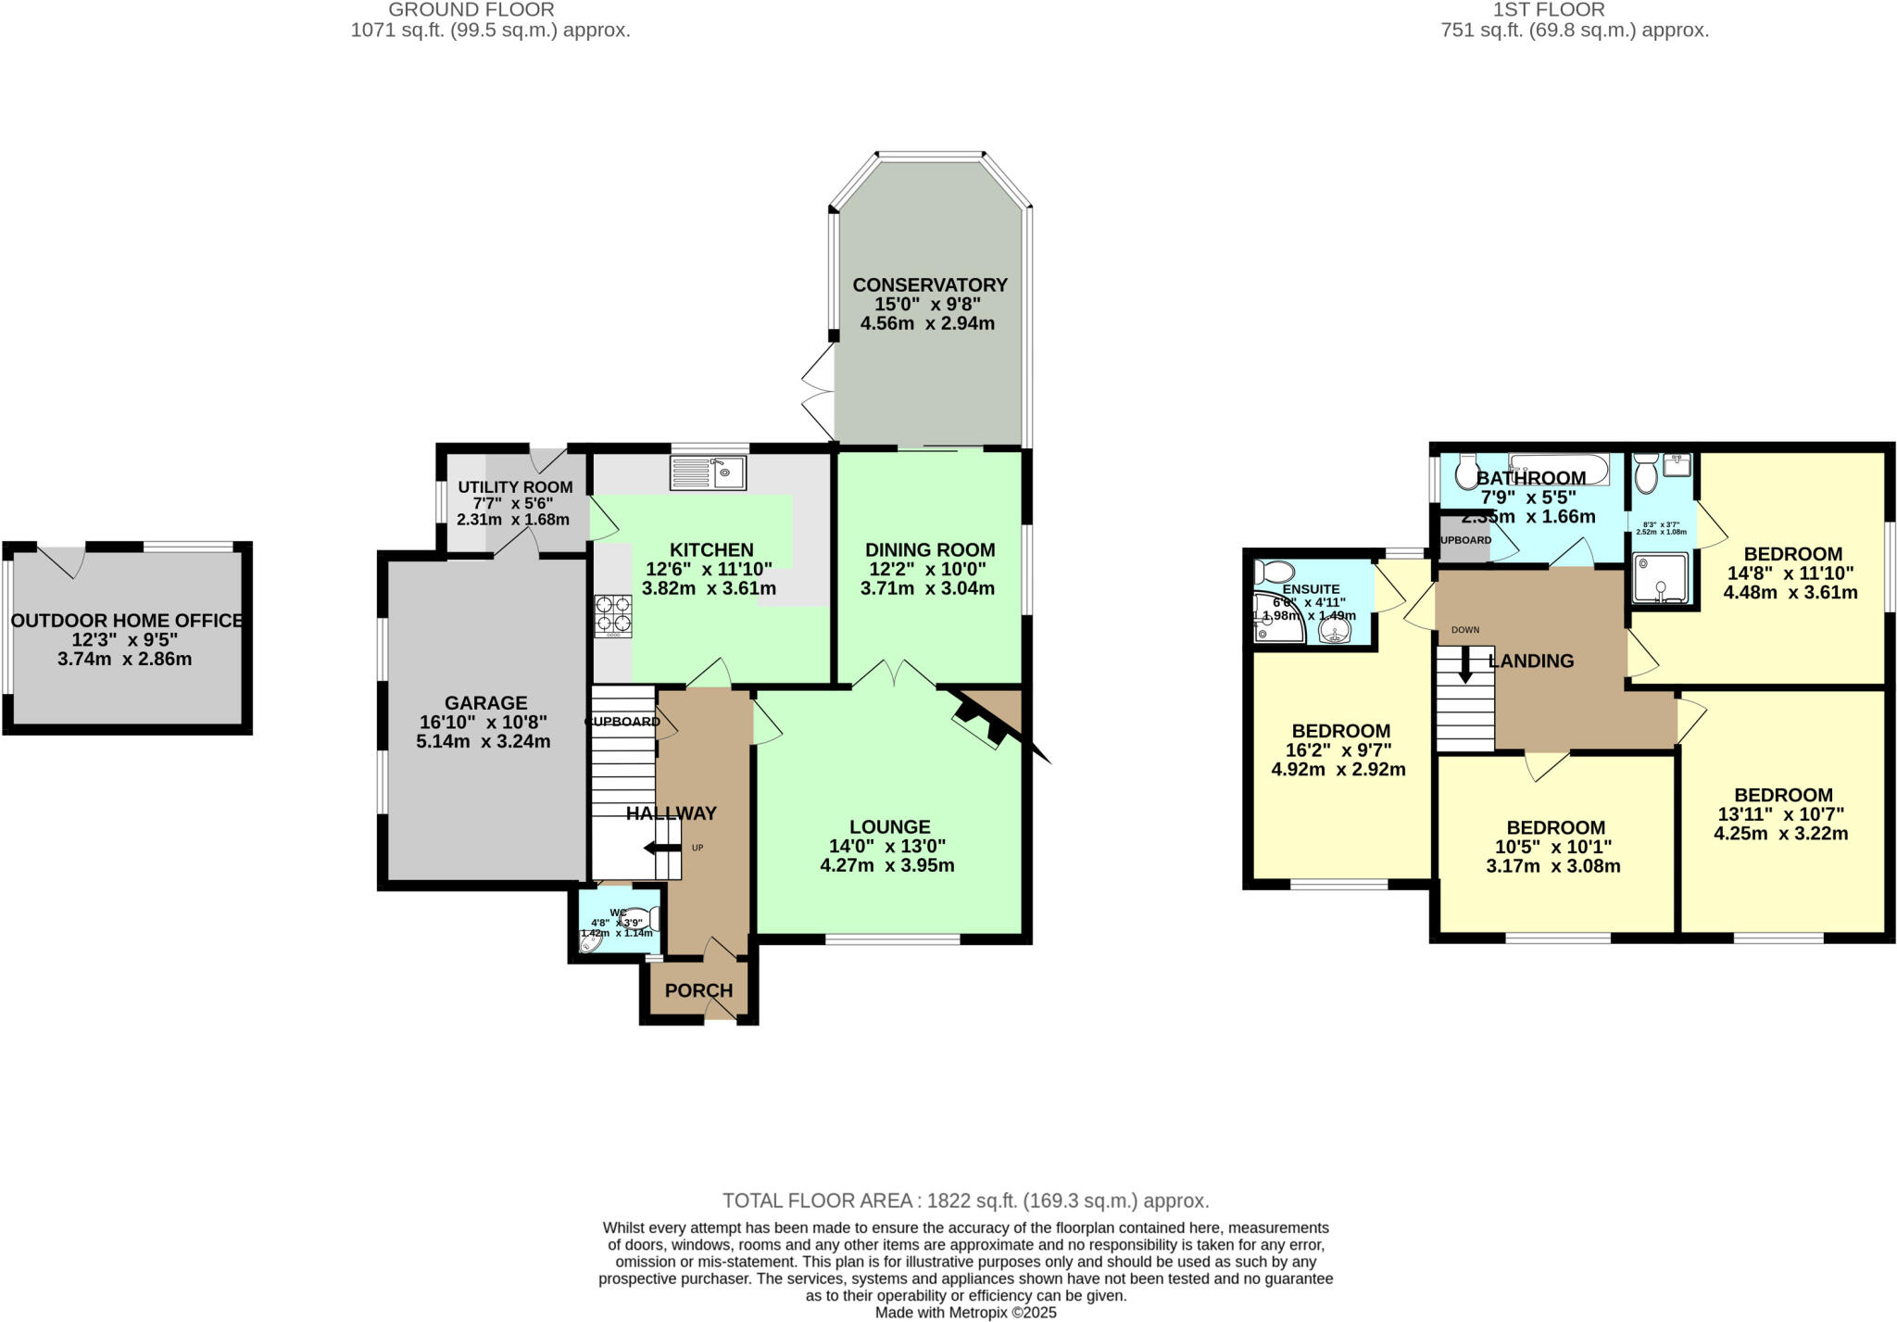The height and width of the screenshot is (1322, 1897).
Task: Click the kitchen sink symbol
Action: click(709, 473)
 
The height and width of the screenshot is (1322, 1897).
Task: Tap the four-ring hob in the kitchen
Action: click(613, 614)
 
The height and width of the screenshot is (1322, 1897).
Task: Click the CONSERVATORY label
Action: click(929, 284)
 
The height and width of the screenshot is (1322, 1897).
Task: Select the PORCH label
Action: click(698, 990)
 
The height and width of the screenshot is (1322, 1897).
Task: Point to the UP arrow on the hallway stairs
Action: click(661, 848)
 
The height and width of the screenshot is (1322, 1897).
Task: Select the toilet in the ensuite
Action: click(1274, 571)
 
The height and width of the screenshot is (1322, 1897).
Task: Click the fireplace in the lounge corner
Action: click(982, 724)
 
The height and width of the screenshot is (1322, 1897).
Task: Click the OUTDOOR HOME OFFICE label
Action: click(127, 621)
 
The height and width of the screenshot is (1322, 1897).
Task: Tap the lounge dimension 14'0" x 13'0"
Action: click(887, 846)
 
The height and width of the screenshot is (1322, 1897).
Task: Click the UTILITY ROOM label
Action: click(515, 487)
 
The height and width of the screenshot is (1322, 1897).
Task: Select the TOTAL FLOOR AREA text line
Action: click(965, 1201)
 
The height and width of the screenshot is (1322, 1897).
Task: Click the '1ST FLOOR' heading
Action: click(1574, 10)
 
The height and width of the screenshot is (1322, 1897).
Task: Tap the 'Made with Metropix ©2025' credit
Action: click(965, 1313)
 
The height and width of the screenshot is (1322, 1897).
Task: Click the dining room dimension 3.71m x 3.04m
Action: click(927, 588)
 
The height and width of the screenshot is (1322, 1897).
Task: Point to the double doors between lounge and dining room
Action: click(894, 674)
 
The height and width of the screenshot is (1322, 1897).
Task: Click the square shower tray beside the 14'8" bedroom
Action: click(1659, 578)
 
